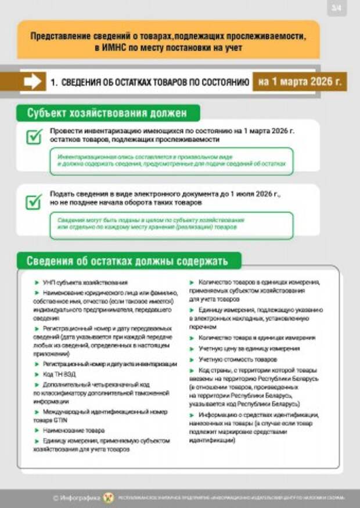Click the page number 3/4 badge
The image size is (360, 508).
tap(337, 9)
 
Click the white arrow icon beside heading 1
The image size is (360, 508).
tap(33, 82)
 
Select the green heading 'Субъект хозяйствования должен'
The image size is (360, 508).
tap(107, 113)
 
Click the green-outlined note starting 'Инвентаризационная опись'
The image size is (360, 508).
tap(171, 161)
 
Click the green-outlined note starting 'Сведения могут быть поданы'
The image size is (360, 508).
tap(171, 225)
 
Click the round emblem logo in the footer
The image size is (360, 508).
tap(109, 498)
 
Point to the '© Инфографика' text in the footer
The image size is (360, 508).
tap(75, 498)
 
